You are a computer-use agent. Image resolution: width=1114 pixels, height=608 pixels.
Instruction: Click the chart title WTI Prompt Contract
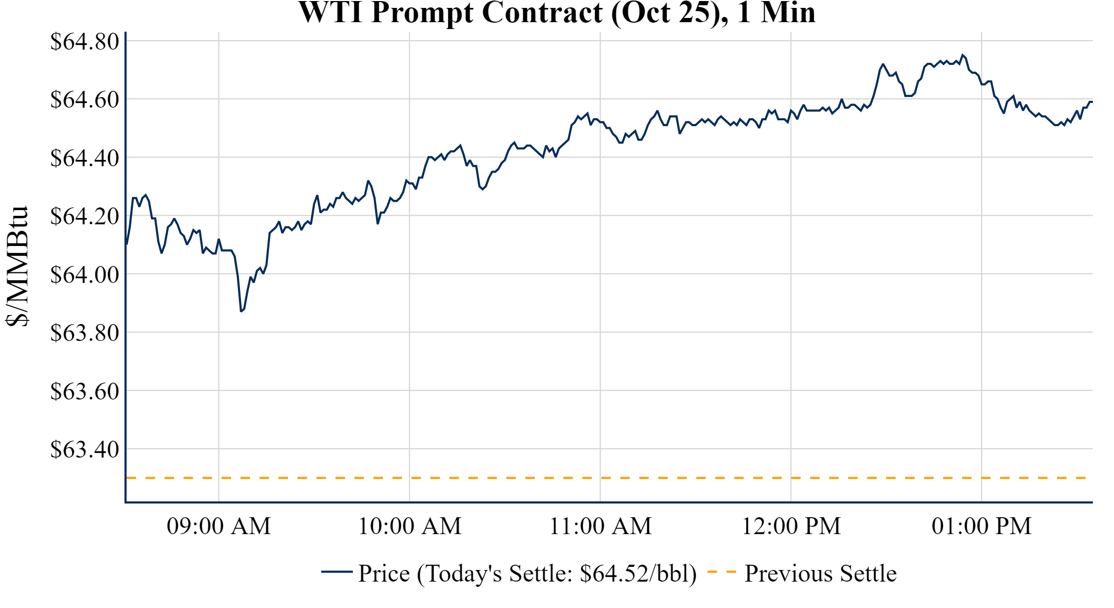point(556,13)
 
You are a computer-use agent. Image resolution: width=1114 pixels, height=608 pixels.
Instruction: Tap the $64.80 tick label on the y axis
point(85,42)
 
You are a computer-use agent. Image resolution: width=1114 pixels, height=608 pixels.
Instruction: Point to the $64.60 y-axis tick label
point(85,100)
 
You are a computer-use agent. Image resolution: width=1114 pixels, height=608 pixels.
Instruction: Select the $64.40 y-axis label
point(85,158)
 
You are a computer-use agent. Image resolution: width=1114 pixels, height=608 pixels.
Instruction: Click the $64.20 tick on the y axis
point(85,216)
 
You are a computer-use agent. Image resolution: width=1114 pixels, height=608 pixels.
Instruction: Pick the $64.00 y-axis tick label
point(85,274)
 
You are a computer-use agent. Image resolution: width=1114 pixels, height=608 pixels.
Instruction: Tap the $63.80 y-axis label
point(85,333)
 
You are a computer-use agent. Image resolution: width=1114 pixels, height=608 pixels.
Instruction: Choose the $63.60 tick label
point(85,392)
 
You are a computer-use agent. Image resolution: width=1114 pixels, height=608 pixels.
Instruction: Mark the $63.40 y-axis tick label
point(85,450)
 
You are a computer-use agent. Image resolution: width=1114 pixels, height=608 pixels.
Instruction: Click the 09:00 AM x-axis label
point(219,526)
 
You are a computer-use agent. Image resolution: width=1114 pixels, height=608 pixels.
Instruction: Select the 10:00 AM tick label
point(410,526)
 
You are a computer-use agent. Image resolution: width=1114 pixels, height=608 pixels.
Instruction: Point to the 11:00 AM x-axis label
point(600,526)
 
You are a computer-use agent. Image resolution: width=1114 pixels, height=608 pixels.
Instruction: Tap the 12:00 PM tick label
point(791,526)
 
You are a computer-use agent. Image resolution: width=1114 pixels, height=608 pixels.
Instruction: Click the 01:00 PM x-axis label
point(982,526)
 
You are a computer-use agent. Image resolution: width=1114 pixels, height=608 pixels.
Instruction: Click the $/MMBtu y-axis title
point(17,267)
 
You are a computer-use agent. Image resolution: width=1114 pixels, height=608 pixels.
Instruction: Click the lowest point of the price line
point(241,311)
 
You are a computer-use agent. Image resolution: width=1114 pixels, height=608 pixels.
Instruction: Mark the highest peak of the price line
point(963,55)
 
